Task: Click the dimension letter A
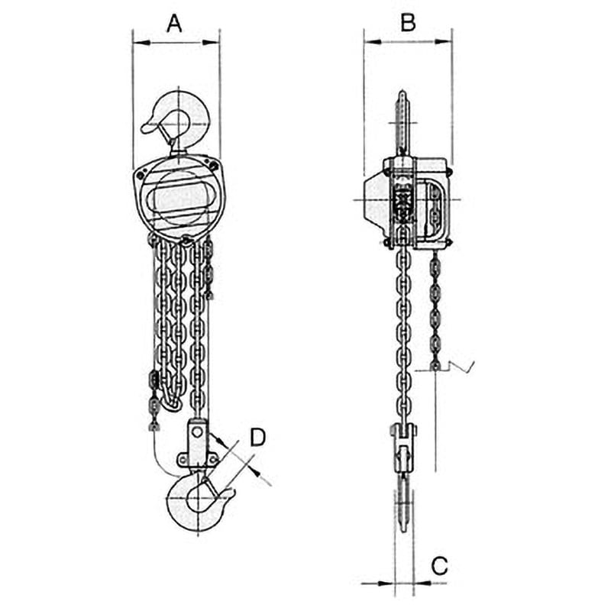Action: click(x=174, y=24)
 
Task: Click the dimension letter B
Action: click(x=408, y=23)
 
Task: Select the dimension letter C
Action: click(x=440, y=566)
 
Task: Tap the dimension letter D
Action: click(x=257, y=437)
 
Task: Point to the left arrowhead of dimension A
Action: click(x=141, y=42)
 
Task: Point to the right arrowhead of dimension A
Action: click(x=211, y=42)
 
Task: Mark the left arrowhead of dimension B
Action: click(x=373, y=41)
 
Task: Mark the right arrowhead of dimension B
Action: click(x=444, y=41)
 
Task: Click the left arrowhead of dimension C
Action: click(x=386, y=584)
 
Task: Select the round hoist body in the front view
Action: click(x=179, y=197)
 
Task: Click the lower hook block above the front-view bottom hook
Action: click(x=198, y=445)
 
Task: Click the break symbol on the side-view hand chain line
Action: click(x=461, y=367)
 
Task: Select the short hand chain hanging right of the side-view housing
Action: click(x=435, y=310)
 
